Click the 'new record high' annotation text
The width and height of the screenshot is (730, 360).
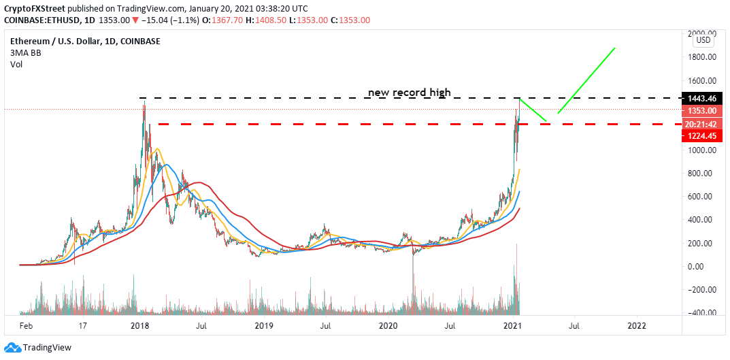410,93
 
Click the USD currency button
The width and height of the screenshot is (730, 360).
703,40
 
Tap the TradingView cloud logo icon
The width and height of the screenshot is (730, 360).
12,348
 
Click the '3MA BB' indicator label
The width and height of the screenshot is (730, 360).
25,53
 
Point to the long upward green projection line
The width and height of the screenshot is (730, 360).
586,80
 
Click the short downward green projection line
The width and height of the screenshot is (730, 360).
533,110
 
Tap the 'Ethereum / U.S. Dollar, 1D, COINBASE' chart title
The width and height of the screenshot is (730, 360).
85,42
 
